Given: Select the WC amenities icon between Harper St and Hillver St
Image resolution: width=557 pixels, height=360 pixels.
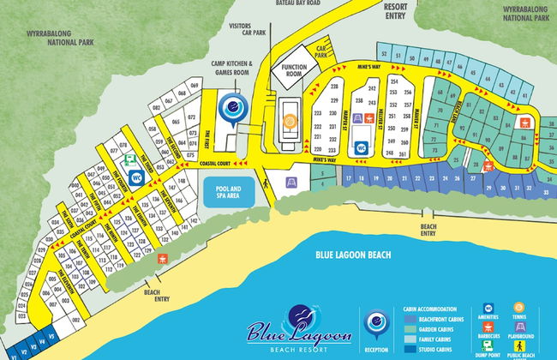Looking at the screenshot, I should pos(361,147).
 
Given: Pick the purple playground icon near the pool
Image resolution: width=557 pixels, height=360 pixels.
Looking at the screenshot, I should pos(292,183).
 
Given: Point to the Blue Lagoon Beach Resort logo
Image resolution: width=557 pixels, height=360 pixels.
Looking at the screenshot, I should pos(291,330).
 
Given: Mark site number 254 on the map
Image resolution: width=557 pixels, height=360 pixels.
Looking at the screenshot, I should pos(393,81).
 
